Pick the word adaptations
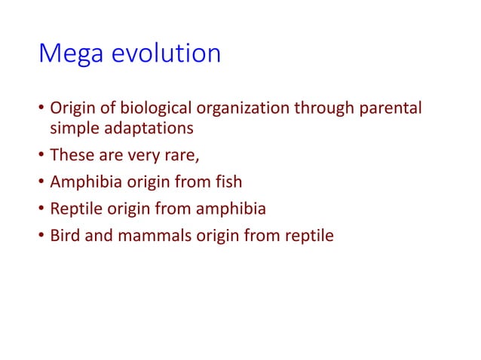[x=147, y=128]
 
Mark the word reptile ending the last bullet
[x=306, y=236]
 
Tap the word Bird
[x=65, y=236]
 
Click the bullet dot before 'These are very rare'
[x=41, y=156]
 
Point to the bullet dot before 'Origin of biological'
[x=41, y=108]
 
